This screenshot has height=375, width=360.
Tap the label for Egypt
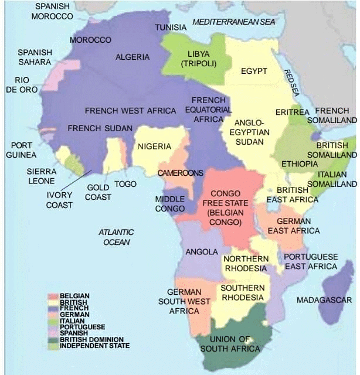tap(254, 71)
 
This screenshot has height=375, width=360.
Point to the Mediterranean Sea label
tap(233, 22)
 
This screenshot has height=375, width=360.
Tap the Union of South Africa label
tap(230, 344)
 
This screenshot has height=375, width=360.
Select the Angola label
tap(202, 252)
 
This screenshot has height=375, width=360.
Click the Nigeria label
tap(155, 146)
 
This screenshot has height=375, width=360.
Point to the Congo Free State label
tap(225, 208)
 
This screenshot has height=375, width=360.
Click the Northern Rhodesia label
tap(246, 264)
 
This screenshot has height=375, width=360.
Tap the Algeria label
tap(133, 57)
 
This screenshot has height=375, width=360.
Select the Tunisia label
tap(171, 28)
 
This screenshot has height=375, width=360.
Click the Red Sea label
tap(291, 83)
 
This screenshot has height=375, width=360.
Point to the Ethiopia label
tap(299, 163)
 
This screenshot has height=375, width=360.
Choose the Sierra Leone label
tap(42, 176)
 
